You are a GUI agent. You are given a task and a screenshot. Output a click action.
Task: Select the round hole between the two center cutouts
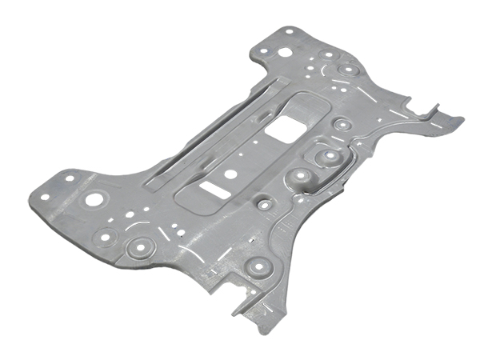pos(230,174)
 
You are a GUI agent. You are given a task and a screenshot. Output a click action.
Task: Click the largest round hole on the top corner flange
pos(284,53)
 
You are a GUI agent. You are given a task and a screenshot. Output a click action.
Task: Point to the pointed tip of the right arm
pos(462,119)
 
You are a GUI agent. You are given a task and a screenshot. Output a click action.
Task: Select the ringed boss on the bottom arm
pos(256,266)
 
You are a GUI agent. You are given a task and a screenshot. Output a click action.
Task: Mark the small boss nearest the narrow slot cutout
pos(261,202)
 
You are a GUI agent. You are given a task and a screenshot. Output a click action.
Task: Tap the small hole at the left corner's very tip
pos(45,194)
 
